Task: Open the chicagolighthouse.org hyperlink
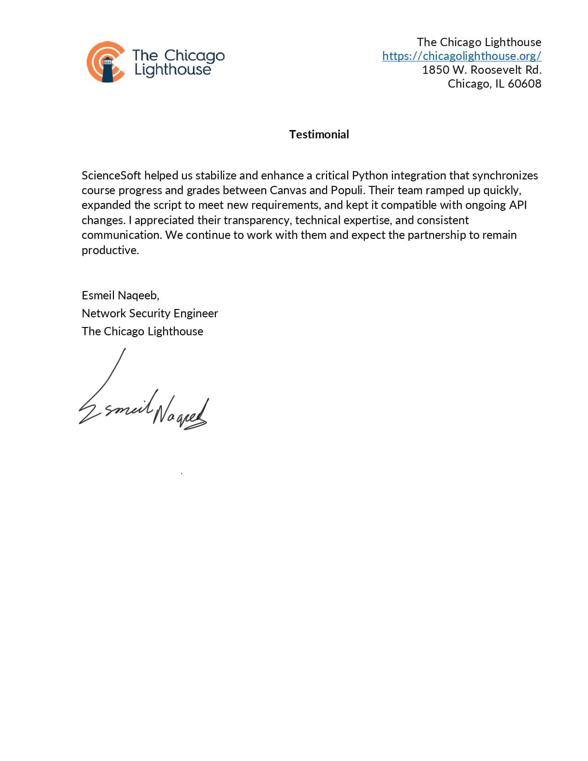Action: (462, 56)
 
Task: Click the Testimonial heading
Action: (319, 134)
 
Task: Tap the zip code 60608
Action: (524, 83)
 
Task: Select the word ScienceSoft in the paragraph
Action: (111, 175)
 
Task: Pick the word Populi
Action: (347, 190)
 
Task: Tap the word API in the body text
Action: (517, 205)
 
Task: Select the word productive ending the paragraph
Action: (110, 250)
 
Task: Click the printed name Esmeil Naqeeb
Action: (120, 295)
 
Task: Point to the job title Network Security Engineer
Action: (149, 313)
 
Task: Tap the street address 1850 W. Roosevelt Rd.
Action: (481, 70)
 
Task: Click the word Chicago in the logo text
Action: (194, 56)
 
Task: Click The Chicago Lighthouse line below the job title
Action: (142, 331)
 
